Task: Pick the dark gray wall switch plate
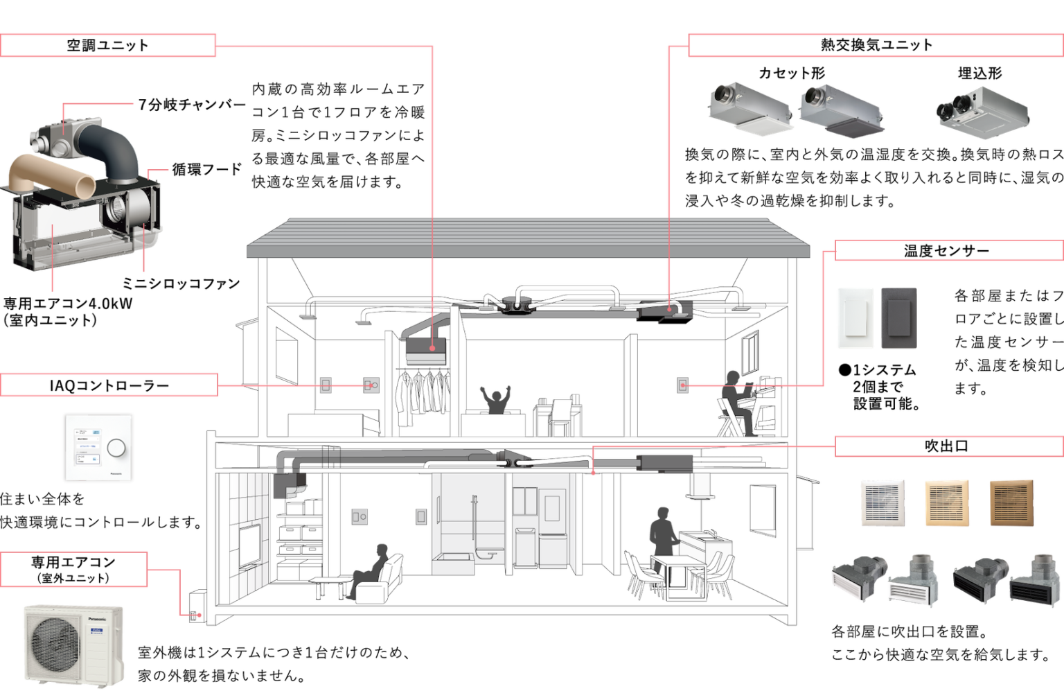pyautogui.click(x=898, y=318)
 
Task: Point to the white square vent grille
pyautogui.click(x=882, y=502)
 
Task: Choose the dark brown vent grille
pyautogui.click(x=1011, y=502)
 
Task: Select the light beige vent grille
pyautogui.click(x=946, y=502)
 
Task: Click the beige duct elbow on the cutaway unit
pyautogui.click(x=52, y=177)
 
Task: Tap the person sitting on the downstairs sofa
pyautogui.click(x=374, y=568)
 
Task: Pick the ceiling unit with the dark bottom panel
pyautogui.click(x=840, y=111)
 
